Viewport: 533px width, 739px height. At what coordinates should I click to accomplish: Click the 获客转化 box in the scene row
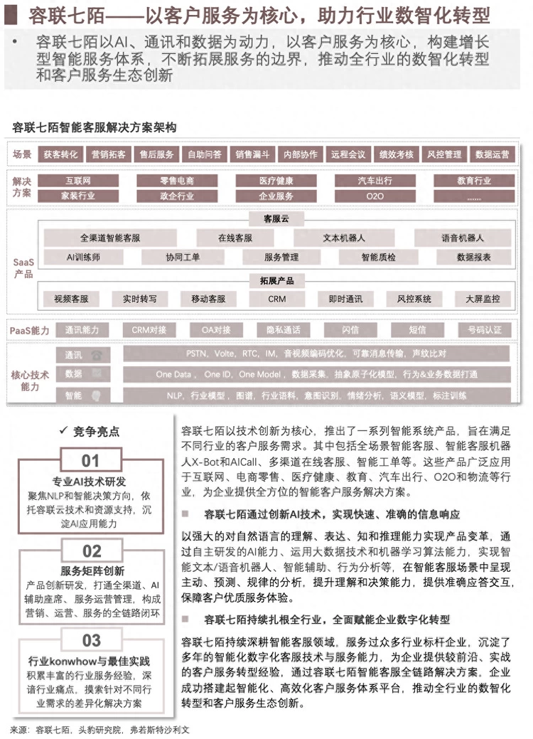coord(60,154)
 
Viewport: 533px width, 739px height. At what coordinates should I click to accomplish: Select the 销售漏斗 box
coord(252,154)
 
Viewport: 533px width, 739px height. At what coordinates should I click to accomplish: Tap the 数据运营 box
coord(492,154)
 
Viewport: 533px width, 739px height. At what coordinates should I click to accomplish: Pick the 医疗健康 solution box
coord(276,181)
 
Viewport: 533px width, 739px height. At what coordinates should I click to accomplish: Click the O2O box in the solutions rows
coord(375,196)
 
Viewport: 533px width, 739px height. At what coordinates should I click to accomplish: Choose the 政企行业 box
coord(177,196)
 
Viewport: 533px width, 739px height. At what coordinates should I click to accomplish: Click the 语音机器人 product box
coord(463,238)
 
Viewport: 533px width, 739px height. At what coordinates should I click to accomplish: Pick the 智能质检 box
coord(379,257)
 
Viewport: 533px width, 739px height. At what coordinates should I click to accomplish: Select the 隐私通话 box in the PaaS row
coord(283,330)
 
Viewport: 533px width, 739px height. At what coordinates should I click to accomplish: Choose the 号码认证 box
coord(485,330)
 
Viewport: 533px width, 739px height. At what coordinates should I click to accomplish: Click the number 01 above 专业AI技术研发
coord(90,461)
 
